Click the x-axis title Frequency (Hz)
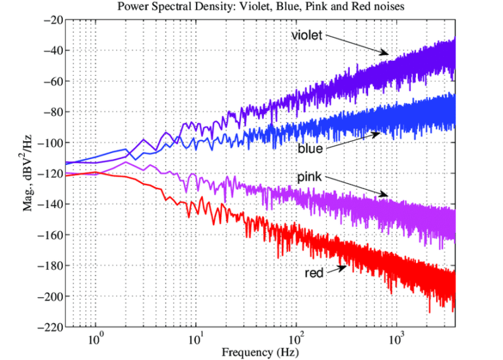261,351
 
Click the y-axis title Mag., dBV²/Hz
30,173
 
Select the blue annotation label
310,149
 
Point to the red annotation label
314,272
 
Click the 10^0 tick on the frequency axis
96,339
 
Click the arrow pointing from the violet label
357,45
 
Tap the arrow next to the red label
337,269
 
